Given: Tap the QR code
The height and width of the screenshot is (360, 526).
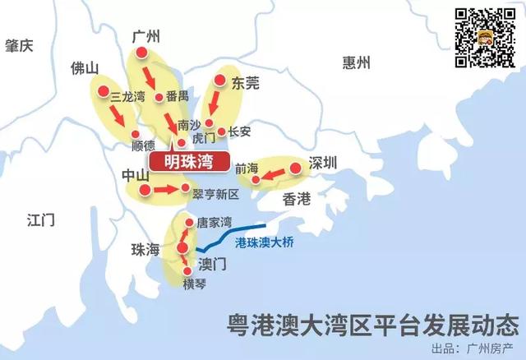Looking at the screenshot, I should pyautogui.click(x=486, y=37).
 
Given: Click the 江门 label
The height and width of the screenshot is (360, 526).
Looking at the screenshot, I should pyautogui.click(x=40, y=219).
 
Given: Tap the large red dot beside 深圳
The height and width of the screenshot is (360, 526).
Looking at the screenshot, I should pyautogui.click(x=296, y=168).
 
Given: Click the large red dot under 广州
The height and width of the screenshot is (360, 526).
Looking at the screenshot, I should pyautogui.click(x=141, y=53).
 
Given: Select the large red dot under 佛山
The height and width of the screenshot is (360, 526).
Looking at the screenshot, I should pyautogui.click(x=104, y=91).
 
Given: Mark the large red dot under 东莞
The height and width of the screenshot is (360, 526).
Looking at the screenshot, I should pyautogui.click(x=220, y=81).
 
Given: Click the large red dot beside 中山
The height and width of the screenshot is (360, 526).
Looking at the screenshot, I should pyautogui.click(x=145, y=191).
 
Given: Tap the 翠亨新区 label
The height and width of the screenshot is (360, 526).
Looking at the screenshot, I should pyautogui.click(x=215, y=195).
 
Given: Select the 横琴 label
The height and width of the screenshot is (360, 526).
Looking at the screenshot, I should pyautogui.click(x=195, y=284).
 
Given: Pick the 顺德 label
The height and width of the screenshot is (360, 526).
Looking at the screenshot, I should pyautogui.click(x=143, y=145).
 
